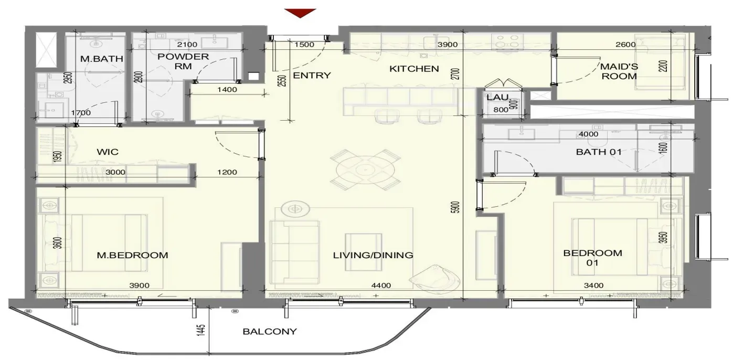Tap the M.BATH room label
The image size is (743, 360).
pos(102,59)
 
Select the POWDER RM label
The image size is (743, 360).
pos(183,61)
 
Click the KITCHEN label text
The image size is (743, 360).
pos(414,69)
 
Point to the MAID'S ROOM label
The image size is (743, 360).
pos(619,71)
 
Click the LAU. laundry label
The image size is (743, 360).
pos(498,98)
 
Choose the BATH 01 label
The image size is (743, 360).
pos(599,152)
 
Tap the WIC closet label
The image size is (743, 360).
pos(108,152)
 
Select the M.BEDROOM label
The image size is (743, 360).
pos(132,255)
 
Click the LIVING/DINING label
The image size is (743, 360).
pos(373,255)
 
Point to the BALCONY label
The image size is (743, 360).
pos(270,332)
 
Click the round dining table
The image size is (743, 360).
pos(365,170)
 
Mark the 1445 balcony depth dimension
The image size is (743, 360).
pos(201,331)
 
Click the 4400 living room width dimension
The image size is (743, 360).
pos(381,285)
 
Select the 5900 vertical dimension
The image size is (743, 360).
pos(456,207)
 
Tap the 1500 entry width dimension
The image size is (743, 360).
pos(304,45)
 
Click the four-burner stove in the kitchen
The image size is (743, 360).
pos(507,41)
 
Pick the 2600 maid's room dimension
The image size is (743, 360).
pos(625,45)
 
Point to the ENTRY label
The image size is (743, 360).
pos(312,76)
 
